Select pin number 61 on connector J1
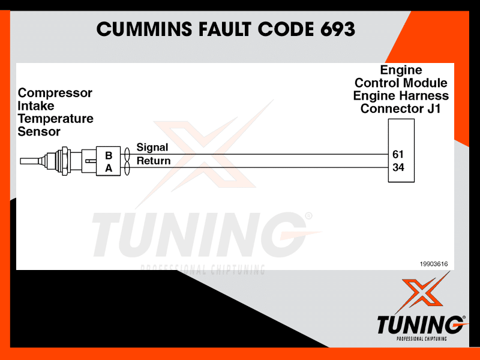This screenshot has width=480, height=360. coord(398,154)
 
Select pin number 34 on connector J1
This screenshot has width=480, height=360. coord(398,167)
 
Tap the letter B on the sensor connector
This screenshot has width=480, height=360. coord(109,155)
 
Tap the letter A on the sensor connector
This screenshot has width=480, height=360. coord(109,169)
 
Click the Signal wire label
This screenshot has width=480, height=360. coord(152,148)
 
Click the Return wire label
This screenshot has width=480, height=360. coord(154,161)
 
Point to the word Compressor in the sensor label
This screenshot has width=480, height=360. coord(55,93)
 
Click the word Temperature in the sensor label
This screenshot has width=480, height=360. coord(56,119)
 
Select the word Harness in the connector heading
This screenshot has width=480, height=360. coord(425,96)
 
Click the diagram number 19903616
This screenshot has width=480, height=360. coord(433,263)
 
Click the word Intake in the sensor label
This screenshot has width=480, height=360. coord(36,106)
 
